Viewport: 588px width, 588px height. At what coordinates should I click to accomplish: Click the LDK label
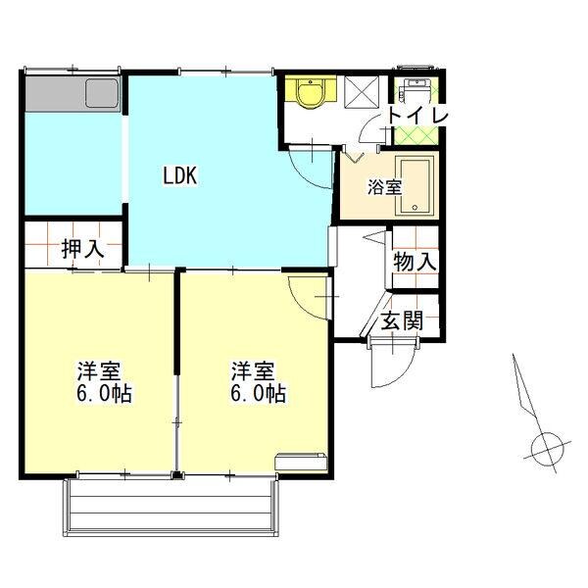point(180,176)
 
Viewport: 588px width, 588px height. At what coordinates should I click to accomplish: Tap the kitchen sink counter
point(73,95)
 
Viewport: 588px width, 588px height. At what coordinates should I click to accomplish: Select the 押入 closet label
point(83,249)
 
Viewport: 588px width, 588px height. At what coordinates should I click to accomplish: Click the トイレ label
point(416,116)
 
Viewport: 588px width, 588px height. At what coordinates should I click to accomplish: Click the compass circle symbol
point(546,449)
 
